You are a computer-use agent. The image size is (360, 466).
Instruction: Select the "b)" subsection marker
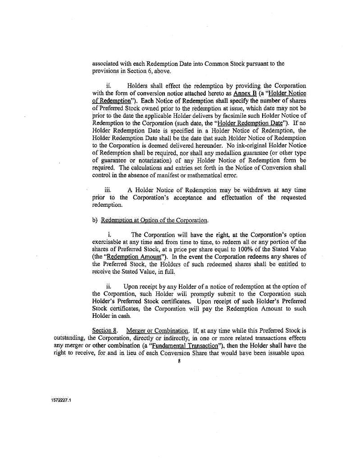tap(95, 220)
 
